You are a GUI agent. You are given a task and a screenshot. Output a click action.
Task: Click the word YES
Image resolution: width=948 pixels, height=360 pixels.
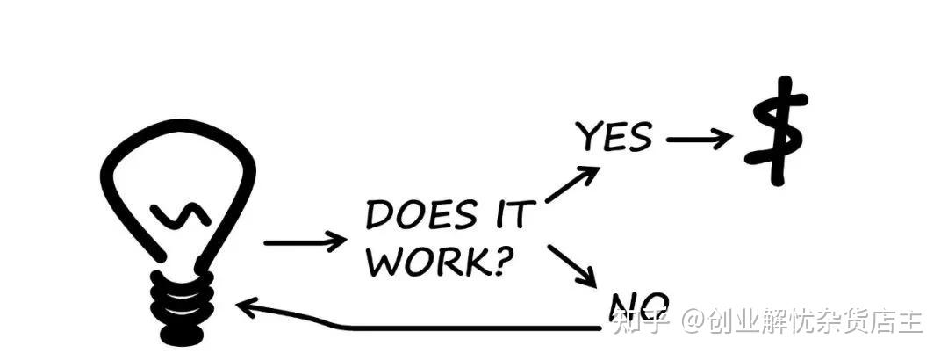tap(614, 138)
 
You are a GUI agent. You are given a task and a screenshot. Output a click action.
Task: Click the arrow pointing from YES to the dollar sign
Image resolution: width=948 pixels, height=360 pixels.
tap(698, 138)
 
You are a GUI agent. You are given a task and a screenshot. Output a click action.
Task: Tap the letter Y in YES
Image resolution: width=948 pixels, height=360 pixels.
tap(589, 138)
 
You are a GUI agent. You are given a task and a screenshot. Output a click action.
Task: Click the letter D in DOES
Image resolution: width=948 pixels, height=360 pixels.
tap(380, 216)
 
